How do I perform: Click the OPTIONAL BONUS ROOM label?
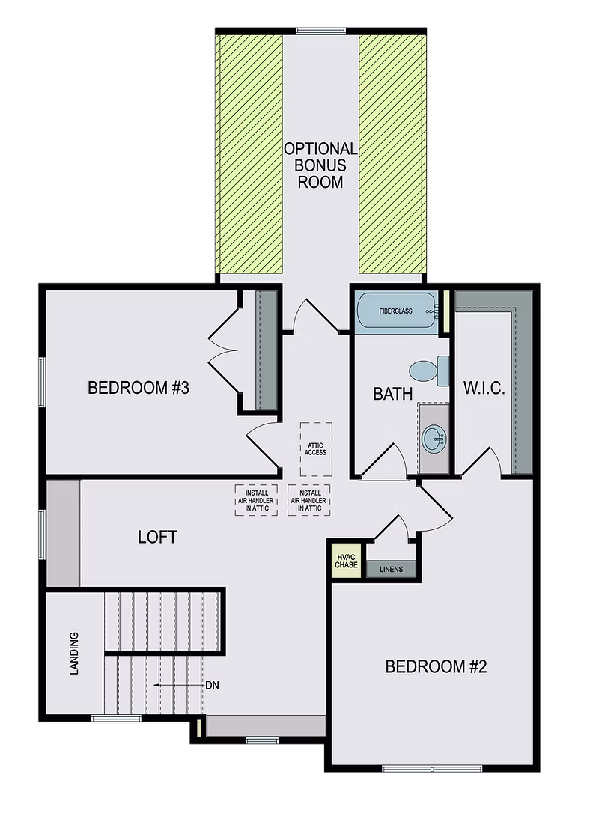point(320,165)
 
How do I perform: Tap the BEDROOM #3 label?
point(138,388)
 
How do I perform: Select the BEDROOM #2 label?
point(436,666)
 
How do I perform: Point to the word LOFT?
point(157,537)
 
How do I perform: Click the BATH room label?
point(393,393)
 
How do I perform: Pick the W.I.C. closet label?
point(484,389)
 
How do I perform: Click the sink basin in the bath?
point(433,439)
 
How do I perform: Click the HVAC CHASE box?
point(346,561)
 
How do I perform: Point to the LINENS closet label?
point(391,570)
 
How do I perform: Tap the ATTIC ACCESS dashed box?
point(316,448)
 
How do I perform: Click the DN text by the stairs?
point(213,685)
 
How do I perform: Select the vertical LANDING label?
point(74,654)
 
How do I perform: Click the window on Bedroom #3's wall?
point(42,383)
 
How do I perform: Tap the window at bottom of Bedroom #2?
point(432,769)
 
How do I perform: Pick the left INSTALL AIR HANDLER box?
point(256,500)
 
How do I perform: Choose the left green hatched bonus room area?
point(249,154)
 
